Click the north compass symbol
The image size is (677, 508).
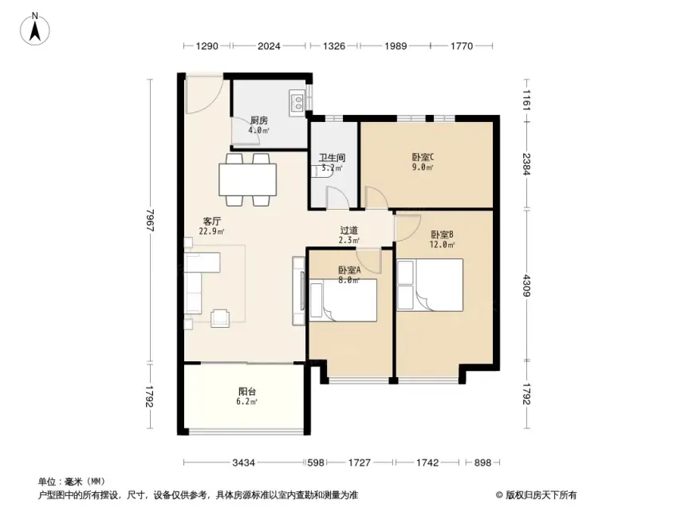point(35,29)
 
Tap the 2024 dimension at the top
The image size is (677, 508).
point(269,45)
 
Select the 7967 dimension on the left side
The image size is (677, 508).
point(150,220)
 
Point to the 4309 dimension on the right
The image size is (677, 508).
point(526,286)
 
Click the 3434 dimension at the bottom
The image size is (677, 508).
point(243,463)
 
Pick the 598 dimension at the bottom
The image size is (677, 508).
point(316,463)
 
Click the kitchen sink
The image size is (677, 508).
point(297,103)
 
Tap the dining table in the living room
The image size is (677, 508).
point(248,180)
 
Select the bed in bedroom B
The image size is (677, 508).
point(430,285)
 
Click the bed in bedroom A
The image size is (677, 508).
point(343,300)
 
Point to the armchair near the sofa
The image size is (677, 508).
point(220,318)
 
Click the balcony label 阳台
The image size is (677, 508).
point(247,392)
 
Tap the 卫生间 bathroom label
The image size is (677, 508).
point(332,158)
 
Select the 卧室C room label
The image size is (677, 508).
point(423,157)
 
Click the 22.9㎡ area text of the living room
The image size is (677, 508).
point(211,231)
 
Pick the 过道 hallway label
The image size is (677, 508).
point(348,230)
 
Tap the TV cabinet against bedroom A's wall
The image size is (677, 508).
point(299,291)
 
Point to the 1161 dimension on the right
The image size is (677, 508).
point(526,100)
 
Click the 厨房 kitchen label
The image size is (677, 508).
point(259,120)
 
